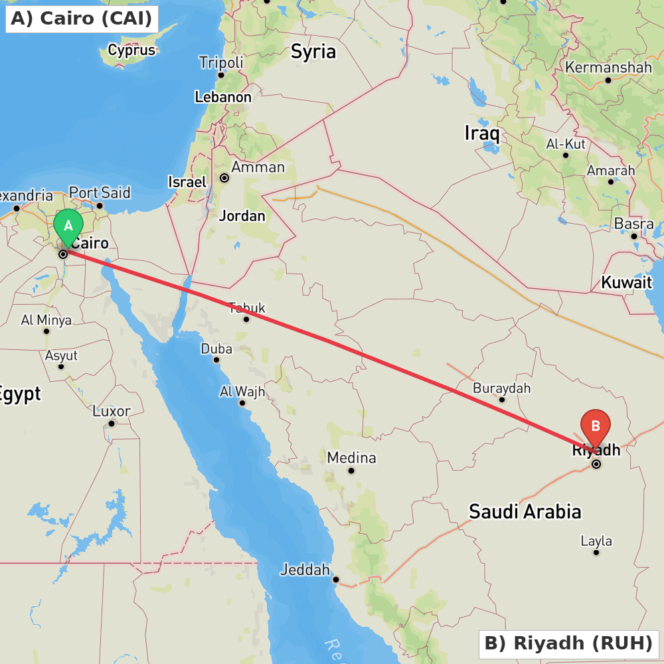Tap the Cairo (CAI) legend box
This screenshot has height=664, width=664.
(82, 19)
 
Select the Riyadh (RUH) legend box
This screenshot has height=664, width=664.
(568, 643)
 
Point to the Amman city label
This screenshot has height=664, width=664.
(258, 167)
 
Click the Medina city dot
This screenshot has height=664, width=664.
(351, 471)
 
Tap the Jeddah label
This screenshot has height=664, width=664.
(305, 570)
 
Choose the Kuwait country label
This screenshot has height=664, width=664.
(626, 282)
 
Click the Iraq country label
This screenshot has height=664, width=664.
(481, 133)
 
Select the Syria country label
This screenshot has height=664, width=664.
(313, 52)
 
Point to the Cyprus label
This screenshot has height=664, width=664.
(131, 50)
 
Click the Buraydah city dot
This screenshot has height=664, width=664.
(502, 399)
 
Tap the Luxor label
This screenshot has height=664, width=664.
(112, 411)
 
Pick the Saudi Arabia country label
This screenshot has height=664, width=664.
(525, 511)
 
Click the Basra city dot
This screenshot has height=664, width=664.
(634, 236)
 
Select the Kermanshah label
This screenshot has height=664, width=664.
(608, 67)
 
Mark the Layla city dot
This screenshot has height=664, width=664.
(596, 552)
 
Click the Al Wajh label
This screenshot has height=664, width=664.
(242, 392)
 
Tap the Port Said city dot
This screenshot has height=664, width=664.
(100, 205)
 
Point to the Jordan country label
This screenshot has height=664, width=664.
(242, 216)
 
